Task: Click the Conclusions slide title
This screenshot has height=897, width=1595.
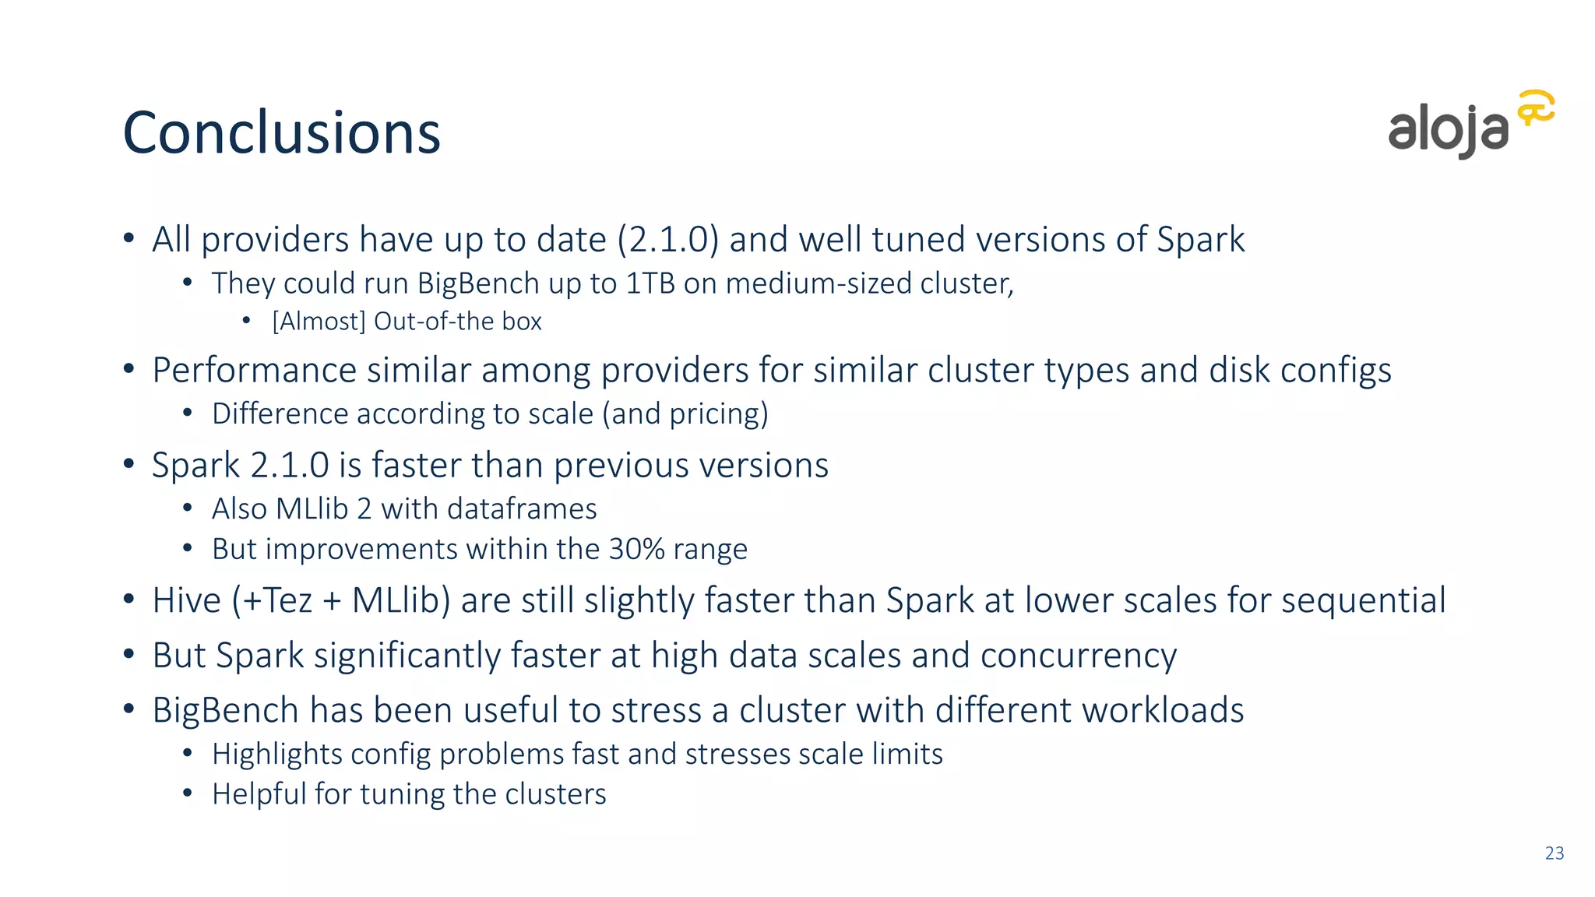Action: tap(281, 132)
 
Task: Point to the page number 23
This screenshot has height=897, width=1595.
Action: tap(1555, 853)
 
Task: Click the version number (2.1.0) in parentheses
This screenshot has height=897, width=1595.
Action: tap(667, 240)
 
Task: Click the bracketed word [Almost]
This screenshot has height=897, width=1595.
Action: tap(319, 322)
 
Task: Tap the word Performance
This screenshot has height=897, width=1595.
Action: tap(254, 371)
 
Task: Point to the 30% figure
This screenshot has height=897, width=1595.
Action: tap(636, 550)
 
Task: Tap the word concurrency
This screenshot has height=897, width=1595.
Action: tap(1078, 656)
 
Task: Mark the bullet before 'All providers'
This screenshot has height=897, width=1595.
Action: tap(129, 238)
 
